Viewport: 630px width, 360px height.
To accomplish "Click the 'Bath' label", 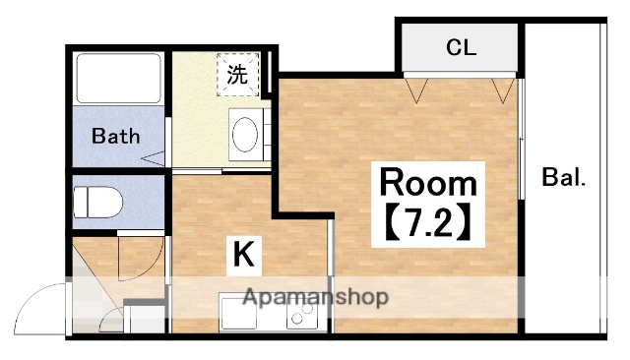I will point(116,136).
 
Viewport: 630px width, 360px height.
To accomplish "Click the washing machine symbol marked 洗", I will point(238,73).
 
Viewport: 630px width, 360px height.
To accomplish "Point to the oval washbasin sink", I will point(244,132).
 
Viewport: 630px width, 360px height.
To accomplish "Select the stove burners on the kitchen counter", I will point(300,315).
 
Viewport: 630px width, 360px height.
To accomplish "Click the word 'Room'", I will point(428,182).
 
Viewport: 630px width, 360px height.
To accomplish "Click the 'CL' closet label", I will point(461,46).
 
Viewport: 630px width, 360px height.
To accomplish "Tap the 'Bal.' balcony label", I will point(564,179).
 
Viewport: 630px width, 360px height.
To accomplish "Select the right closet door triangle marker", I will point(506,90).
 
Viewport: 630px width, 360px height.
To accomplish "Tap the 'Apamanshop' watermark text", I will point(315,296).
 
